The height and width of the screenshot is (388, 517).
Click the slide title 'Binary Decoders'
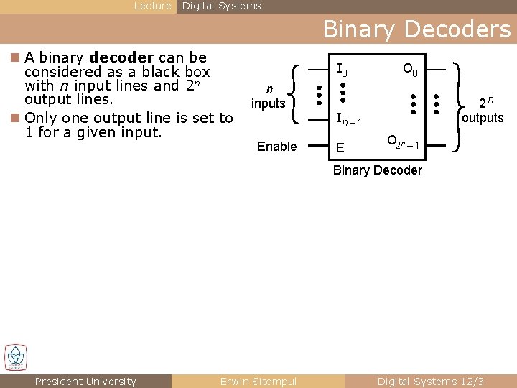point(416,29)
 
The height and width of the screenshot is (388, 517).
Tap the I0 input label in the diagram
point(343,70)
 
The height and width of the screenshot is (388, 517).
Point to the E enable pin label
point(340,149)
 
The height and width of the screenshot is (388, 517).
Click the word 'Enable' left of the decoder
point(276,147)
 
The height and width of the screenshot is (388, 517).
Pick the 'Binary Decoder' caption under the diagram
point(378,170)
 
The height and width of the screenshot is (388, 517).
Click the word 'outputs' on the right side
point(483,118)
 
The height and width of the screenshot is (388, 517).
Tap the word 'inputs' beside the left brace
point(269,103)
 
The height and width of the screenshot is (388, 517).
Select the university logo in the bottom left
point(15,357)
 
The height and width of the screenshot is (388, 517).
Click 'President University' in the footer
point(85,382)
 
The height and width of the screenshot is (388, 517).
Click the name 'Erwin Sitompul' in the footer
point(258,382)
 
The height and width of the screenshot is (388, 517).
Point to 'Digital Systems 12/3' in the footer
point(431,382)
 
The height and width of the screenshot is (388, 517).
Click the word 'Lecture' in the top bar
point(153,6)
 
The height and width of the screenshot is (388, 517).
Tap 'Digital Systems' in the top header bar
point(221,6)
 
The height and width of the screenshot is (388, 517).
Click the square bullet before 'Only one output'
point(15,118)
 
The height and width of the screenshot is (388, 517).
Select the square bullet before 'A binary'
point(15,57)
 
